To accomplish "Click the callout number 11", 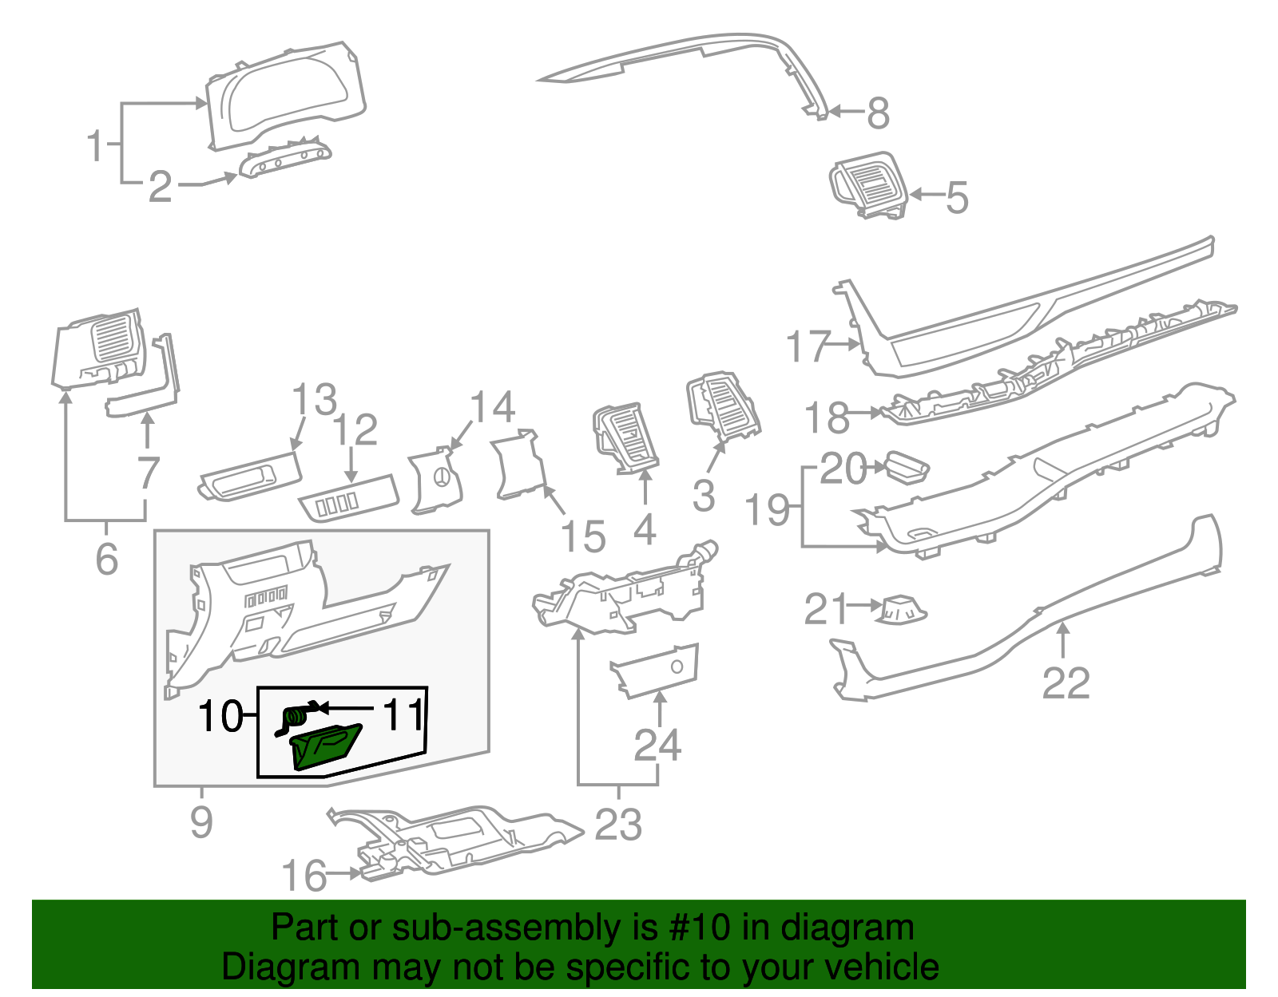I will [403, 715].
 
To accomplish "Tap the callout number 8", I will [879, 113].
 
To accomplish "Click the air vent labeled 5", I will [869, 185].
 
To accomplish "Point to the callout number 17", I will [808, 346].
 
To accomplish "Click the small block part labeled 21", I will [903, 611].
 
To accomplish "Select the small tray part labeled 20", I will [907, 466].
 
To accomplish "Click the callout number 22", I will [1066, 684].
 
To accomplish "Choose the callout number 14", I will [492, 408].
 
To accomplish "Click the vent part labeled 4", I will [627, 437].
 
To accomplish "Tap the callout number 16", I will [304, 876].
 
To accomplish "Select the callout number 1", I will [96, 147].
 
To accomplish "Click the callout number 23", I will [618, 825].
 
